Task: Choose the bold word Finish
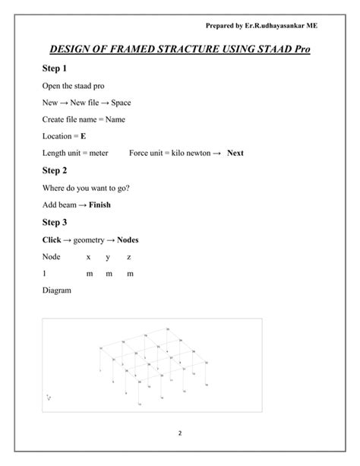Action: point(99,205)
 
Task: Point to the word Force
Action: point(141,153)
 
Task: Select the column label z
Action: point(129,256)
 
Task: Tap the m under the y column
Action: point(109,274)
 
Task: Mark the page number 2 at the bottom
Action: point(180,433)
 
